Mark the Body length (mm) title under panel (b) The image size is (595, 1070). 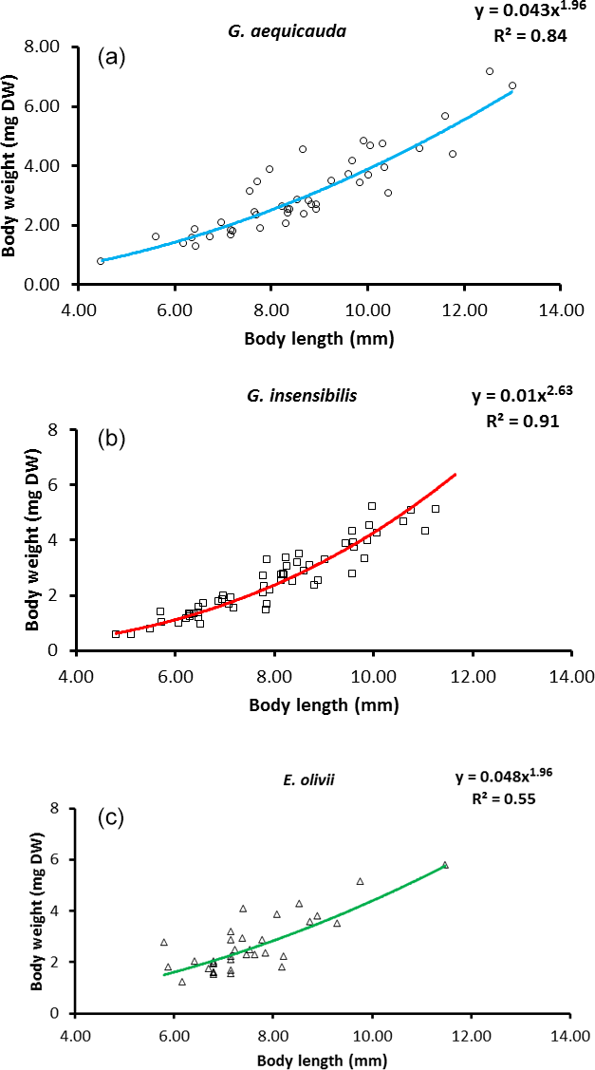pos(324,705)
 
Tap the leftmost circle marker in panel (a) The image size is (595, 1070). pos(101,261)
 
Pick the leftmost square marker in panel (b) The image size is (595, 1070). pos(116,633)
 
